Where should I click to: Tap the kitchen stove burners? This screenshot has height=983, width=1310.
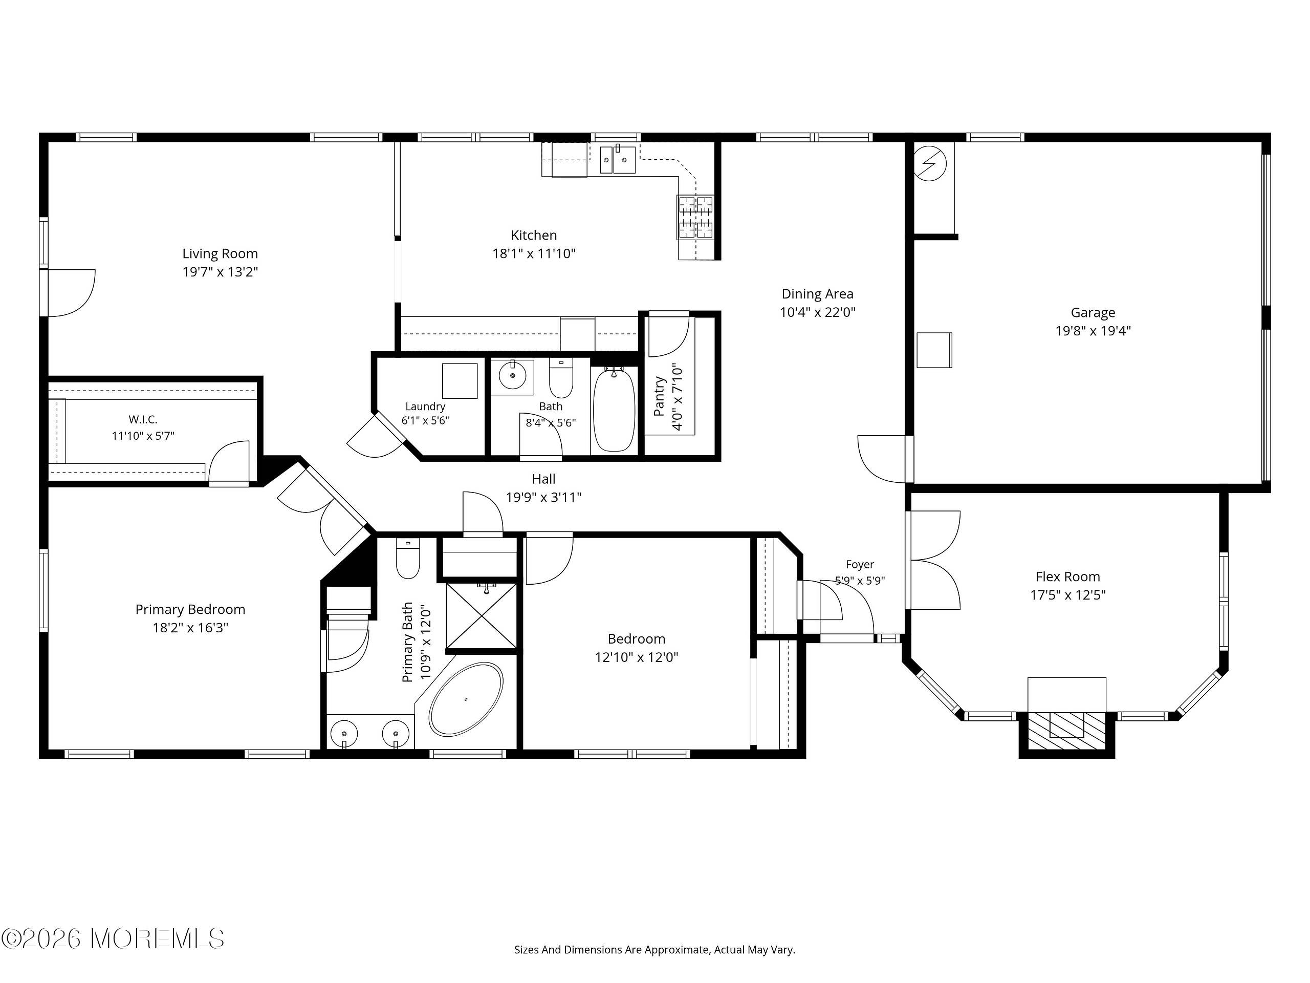click(696, 217)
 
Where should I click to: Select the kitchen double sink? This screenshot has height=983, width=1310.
click(618, 159)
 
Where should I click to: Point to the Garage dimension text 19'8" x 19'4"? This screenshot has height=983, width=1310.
click(1093, 331)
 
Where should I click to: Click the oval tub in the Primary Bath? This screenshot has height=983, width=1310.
click(466, 699)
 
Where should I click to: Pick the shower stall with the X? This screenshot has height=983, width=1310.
click(482, 615)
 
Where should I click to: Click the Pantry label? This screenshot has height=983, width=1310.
click(659, 396)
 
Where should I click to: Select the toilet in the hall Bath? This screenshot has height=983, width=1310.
click(561, 377)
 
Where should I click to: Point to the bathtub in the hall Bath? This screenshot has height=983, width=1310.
click(614, 410)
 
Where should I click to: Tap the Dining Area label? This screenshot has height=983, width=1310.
click(817, 294)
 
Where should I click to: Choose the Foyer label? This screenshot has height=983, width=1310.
click(860, 565)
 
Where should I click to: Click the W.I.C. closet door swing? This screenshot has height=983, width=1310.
click(229, 461)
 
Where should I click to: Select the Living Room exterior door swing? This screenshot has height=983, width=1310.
click(72, 293)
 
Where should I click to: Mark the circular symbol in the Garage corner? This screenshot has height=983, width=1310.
click(930, 163)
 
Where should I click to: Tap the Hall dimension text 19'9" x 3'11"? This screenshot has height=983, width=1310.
click(543, 497)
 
